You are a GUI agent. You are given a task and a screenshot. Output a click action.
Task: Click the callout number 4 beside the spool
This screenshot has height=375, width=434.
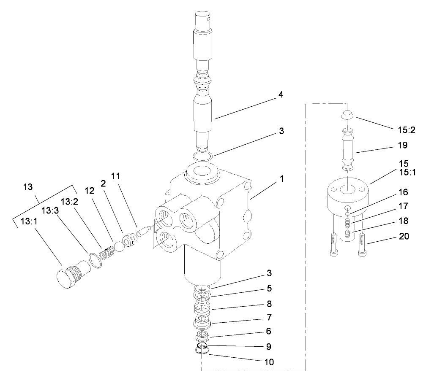(281, 95)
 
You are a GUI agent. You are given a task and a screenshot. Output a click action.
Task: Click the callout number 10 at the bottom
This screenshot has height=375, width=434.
(269, 362)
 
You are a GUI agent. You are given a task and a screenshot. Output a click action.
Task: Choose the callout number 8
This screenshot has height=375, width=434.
(269, 304)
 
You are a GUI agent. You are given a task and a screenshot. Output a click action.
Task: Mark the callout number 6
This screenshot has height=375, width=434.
(269, 332)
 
